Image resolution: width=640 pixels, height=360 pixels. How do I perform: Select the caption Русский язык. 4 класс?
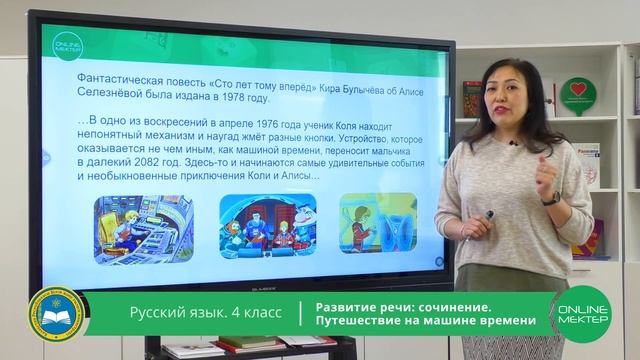[205, 314]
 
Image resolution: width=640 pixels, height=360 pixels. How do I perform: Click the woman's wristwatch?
[551, 198]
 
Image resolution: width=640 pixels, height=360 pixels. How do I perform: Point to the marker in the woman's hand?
[487, 217]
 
